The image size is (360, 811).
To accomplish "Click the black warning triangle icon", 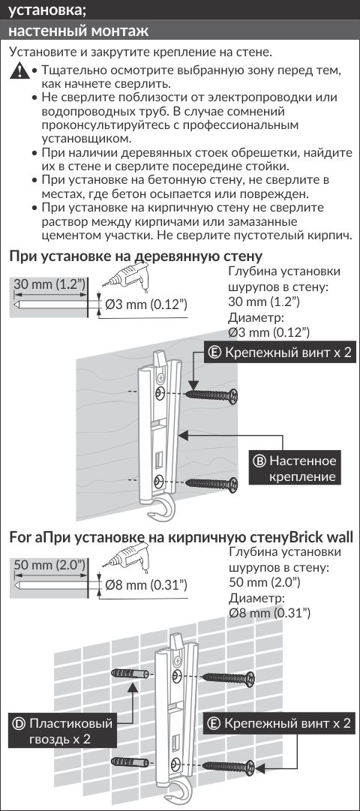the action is point(19,71).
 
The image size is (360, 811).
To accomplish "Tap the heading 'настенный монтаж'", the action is point(79,31).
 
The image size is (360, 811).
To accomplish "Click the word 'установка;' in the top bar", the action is point(47,10).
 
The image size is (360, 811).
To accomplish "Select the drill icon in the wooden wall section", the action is point(126,274).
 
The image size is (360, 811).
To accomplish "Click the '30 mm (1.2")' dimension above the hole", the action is point(49,285).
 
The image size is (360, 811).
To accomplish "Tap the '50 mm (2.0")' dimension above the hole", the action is point(49,566).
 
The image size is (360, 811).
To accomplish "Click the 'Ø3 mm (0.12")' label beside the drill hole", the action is point(145,305).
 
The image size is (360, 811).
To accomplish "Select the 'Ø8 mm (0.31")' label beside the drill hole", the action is point(145,585).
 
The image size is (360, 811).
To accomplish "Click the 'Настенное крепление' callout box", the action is point(295,468).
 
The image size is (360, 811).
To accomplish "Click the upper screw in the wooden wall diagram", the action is point(211,395).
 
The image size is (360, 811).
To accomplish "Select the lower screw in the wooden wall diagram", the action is point(211,484).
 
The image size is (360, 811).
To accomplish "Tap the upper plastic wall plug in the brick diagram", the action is point(130,674).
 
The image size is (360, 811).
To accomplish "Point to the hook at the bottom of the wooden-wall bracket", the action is point(164,509).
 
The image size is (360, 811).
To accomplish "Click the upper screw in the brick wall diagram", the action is point(228,677).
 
